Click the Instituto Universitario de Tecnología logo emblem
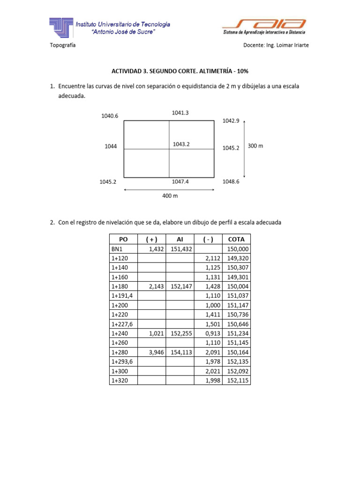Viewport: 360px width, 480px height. (x=61, y=27)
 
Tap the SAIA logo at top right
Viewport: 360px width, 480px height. (x=264, y=26)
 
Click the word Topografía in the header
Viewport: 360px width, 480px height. (x=63, y=45)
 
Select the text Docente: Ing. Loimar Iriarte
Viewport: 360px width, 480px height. (x=276, y=45)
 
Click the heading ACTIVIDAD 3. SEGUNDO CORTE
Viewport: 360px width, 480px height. (x=180, y=71)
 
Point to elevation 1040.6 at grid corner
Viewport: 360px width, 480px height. (x=110, y=116)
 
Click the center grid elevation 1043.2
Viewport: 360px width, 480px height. (x=181, y=144)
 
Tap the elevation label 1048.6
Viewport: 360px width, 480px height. (x=231, y=181)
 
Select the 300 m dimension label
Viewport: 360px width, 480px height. (x=255, y=146)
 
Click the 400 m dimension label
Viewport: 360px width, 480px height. (x=170, y=196)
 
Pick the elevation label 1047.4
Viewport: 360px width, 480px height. (x=181, y=181)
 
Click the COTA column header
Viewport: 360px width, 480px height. (x=237, y=239)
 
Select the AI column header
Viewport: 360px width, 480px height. (x=180, y=239)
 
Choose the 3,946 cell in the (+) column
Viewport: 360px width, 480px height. (x=154, y=352)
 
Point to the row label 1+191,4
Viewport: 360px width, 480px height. (x=122, y=295)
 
